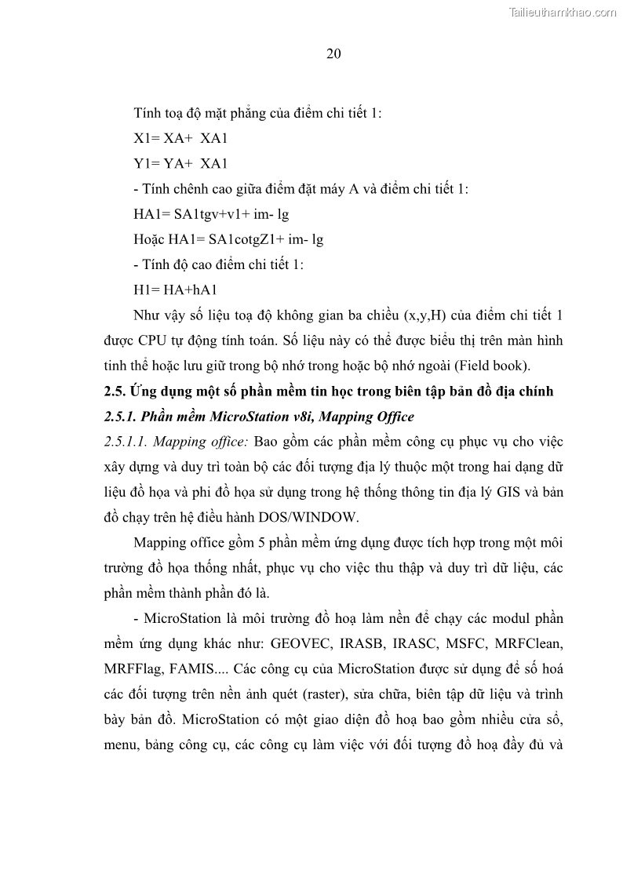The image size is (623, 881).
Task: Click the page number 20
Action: click(x=333, y=53)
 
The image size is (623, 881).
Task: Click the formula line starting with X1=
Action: click(x=180, y=138)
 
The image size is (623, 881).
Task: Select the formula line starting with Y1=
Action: click(x=180, y=163)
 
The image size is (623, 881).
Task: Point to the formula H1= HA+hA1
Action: click(x=175, y=289)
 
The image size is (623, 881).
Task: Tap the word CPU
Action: click(x=149, y=340)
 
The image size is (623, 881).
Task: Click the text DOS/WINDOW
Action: click(x=314, y=517)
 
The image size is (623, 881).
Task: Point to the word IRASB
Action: click(x=362, y=643)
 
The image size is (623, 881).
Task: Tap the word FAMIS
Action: click(x=197, y=669)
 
